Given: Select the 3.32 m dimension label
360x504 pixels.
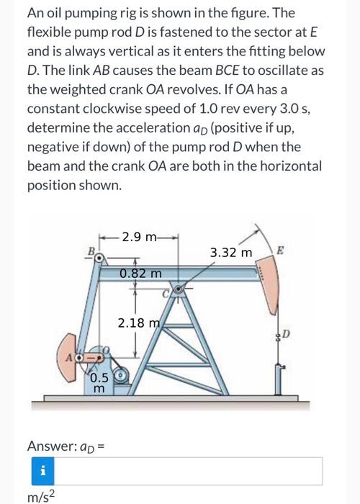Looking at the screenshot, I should point(231,253).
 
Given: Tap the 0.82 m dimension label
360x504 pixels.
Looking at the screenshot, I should point(140,274).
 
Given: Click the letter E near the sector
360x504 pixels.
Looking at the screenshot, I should point(280,252).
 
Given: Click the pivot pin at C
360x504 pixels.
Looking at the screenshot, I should point(179,289).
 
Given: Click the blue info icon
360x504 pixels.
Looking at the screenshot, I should point(43,472).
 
